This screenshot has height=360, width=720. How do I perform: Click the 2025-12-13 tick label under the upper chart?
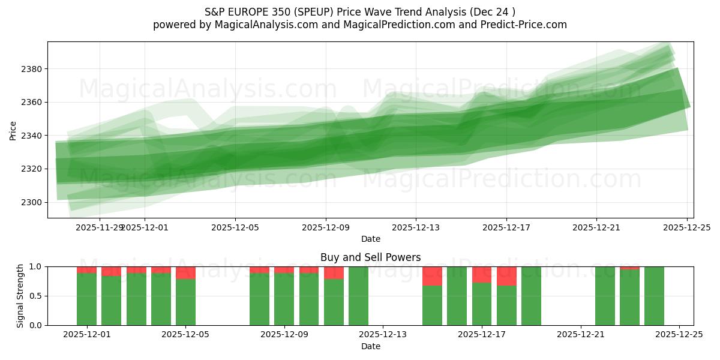point(416,227)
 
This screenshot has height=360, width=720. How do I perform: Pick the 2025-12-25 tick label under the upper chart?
point(686,227)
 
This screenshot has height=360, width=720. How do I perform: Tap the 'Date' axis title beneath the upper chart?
point(370,239)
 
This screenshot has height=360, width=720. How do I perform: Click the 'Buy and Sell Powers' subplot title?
point(370,257)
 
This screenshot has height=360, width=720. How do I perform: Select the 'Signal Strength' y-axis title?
point(20,295)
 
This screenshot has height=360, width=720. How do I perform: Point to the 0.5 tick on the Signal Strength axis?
point(35,296)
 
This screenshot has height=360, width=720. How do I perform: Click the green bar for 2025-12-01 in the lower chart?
point(86,299)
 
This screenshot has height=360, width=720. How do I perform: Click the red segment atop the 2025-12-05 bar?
point(185,272)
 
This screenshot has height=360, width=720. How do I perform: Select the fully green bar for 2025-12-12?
point(358,296)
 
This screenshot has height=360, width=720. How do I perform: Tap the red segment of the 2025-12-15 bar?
point(432,276)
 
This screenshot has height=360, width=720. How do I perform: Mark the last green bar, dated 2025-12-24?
point(654,296)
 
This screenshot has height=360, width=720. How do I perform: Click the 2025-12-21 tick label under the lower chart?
point(580,335)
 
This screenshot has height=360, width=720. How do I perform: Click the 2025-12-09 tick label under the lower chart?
point(284,335)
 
